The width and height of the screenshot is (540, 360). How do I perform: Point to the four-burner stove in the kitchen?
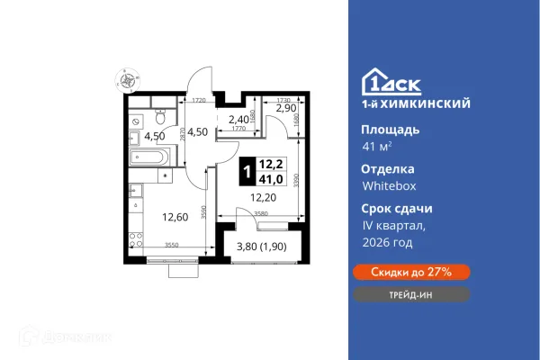coord(136,240)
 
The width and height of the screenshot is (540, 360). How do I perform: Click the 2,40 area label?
coord(238,118)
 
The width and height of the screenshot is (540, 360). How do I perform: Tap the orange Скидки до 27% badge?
coord(409,271)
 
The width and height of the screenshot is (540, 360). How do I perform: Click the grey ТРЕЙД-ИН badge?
coord(409,294)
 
